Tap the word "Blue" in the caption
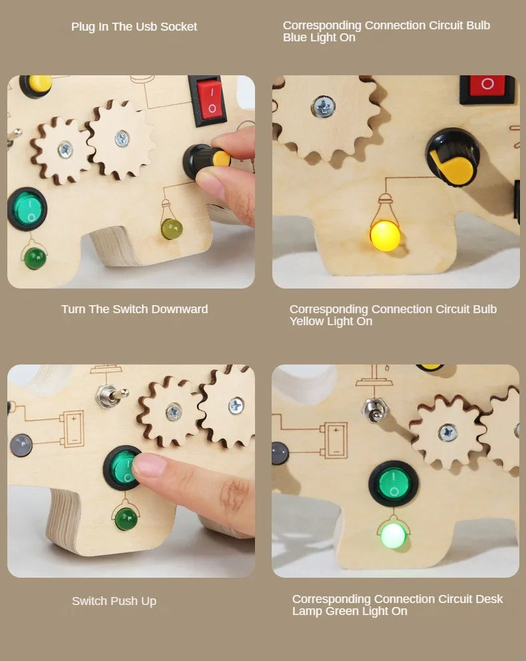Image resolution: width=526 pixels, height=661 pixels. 296,38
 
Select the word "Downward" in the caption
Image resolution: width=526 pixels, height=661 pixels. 179,309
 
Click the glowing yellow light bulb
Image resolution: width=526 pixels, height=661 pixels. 385,235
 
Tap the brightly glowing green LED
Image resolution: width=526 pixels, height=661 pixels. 393,534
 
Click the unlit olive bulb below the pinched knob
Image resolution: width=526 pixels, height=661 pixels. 172,229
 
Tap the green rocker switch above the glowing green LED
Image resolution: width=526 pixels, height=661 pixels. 394,483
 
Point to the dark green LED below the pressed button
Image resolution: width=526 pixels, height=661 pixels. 126,518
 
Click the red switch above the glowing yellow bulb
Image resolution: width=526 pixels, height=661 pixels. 487,86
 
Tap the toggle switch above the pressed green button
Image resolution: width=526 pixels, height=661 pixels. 105,396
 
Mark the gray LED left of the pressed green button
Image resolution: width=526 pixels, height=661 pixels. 21,445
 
